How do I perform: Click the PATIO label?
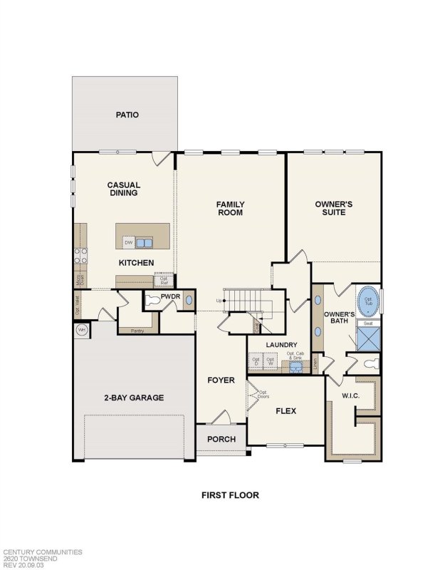(x=127, y=115)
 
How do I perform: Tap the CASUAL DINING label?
(x=123, y=189)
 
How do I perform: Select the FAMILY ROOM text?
(x=230, y=208)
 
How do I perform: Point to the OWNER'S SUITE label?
(x=334, y=208)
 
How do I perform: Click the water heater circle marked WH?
(x=80, y=330)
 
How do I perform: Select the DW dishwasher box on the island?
(x=129, y=243)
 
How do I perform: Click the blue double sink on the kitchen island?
(x=145, y=243)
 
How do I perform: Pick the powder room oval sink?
(x=189, y=301)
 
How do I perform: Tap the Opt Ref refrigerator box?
(x=163, y=280)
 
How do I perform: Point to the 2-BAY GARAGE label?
(x=134, y=398)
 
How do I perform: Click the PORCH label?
(x=221, y=439)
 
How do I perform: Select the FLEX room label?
(x=286, y=411)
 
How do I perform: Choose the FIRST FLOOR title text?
(x=230, y=495)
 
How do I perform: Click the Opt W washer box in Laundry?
(x=271, y=361)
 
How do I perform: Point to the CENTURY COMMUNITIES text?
(x=43, y=551)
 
